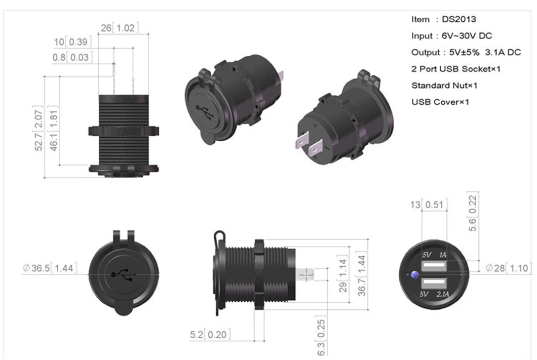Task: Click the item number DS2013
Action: click(x=459, y=19)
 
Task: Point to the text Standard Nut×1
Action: click(x=444, y=85)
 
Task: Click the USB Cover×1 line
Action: click(x=440, y=102)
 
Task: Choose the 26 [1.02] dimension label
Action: click(x=119, y=28)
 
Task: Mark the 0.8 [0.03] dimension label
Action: click(x=71, y=57)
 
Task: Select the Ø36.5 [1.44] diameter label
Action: click(x=50, y=268)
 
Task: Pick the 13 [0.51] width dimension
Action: click(x=429, y=205)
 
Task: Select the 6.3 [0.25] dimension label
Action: click(x=322, y=336)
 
